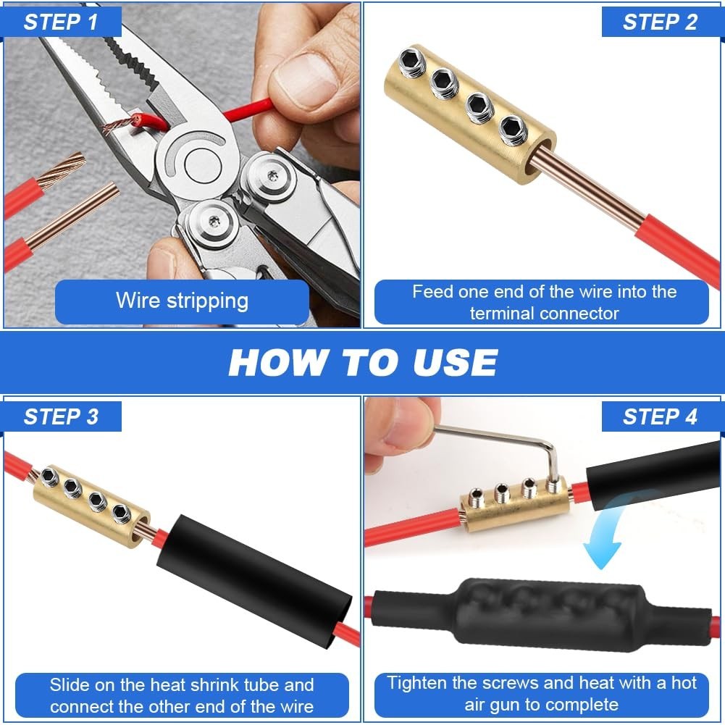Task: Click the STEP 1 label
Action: point(61,22)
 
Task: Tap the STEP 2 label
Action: point(660,22)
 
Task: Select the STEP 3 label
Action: point(61,416)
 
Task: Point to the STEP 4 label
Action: point(660,416)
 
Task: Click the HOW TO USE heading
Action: point(363,362)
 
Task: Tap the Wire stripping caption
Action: point(183,301)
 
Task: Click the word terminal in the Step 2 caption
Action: point(502,314)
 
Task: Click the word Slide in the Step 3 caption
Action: point(68,684)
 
